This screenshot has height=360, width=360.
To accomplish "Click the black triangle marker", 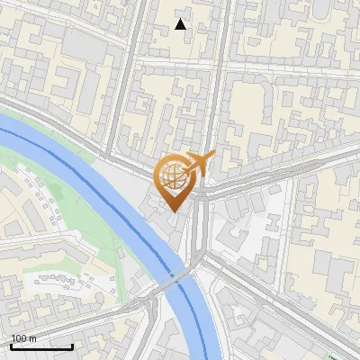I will coord(181,24).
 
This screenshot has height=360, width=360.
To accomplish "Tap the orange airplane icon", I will coord(200,163).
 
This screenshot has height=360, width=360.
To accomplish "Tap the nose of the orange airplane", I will coord(212,154).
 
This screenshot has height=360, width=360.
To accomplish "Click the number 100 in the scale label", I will coord(20,338).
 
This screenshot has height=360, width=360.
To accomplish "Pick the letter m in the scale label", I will coord(33,338).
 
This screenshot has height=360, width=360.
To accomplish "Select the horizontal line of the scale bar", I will coord(41,347).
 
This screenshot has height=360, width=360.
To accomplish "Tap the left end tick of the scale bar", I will coord(12,346).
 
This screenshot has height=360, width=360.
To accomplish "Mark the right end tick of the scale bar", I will coord(72,346).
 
